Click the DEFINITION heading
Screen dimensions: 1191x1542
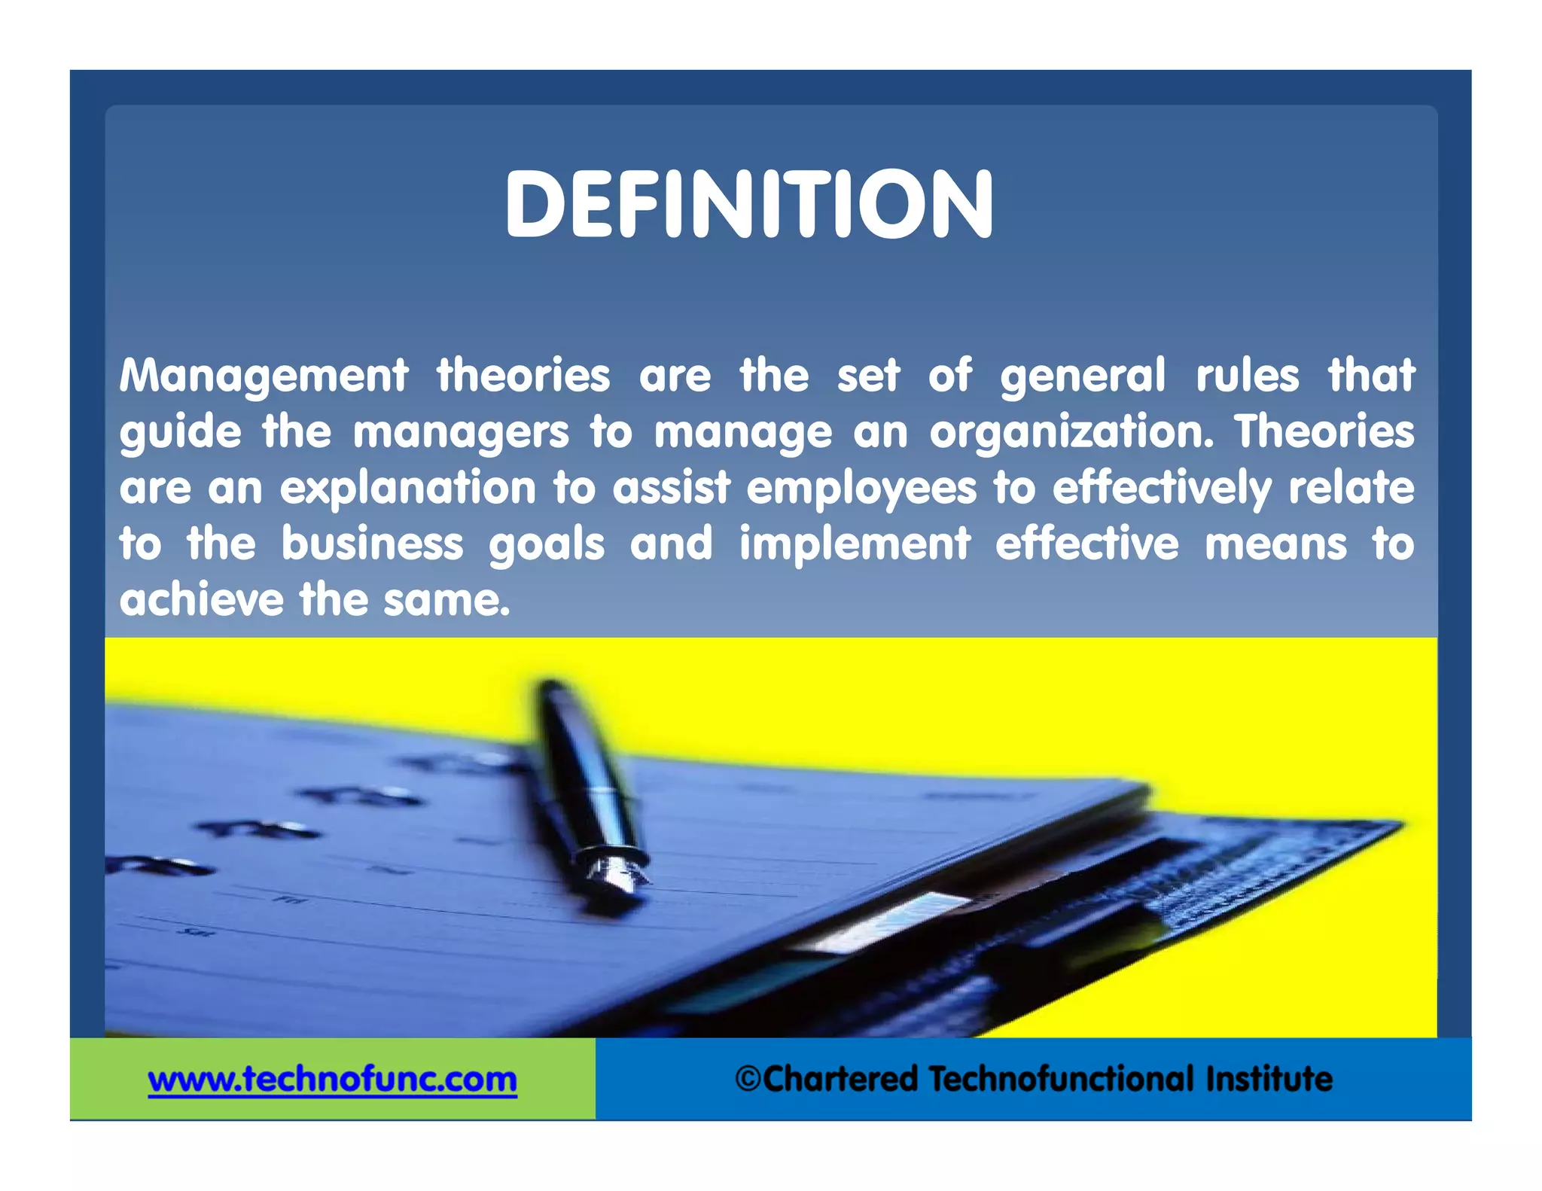[x=749, y=205]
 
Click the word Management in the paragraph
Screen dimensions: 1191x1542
[x=264, y=376]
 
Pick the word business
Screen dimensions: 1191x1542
[x=372, y=544]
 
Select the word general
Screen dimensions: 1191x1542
[x=1083, y=376]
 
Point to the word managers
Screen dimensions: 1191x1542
[x=461, y=433]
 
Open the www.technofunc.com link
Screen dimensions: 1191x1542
[x=332, y=1080]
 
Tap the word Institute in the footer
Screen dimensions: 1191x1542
[x=1269, y=1079]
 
